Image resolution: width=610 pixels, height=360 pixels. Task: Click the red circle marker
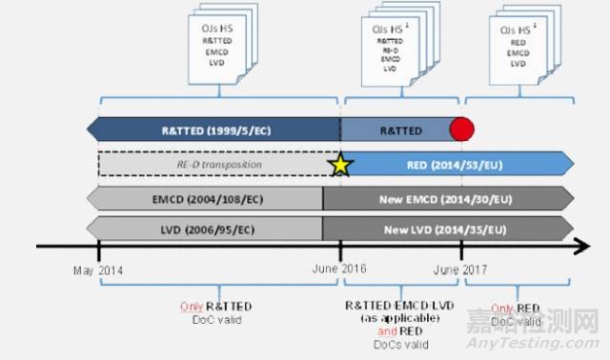(x=462, y=129)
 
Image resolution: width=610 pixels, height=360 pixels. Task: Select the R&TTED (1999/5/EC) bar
(x=214, y=129)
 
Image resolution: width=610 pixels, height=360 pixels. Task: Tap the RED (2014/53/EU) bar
(x=457, y=164)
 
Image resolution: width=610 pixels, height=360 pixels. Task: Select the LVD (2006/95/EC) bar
(x=205, y=230)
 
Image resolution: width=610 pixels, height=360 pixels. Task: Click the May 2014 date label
(x=98, y=270)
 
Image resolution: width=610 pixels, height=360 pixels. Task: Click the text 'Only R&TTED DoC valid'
(x=218, y=312)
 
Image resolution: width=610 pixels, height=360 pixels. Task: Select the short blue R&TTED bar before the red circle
(x=396, y=129)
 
